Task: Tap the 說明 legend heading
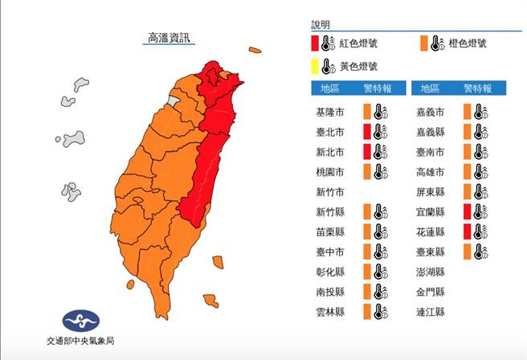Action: (321, 26)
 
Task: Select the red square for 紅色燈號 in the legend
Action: (316, 44)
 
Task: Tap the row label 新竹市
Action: (333, 192)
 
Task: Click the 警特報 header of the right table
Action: (476, 88)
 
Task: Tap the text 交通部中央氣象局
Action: (80, 342)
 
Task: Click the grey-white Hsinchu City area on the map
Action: (173, 101)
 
